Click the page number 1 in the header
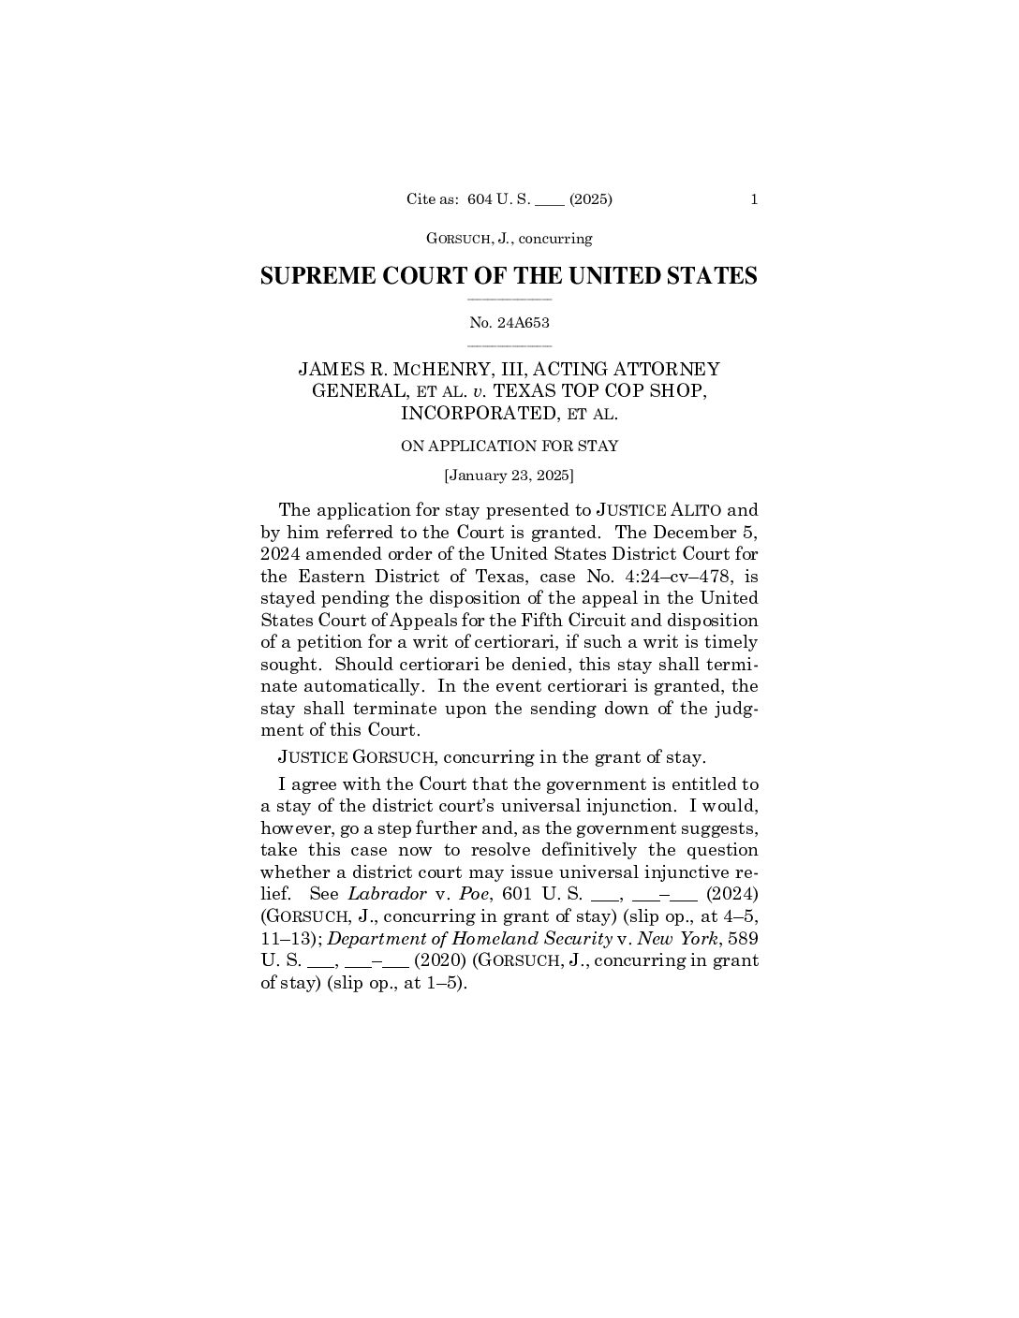pos(754,198)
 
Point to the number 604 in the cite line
pos(480,198)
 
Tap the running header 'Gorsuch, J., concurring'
pos(509,239)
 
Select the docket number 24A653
pos(523,323)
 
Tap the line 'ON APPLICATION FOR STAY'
pos(509,447)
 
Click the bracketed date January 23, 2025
pos(509,476)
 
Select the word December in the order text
pos(699,532)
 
